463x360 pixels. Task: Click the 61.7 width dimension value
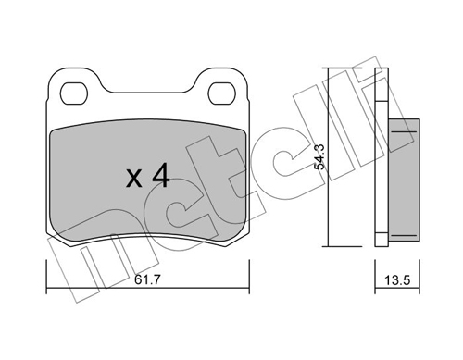pyautogui.click(x=147, y=280)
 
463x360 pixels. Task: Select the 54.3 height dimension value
pyautogui.click(x=319, y=156)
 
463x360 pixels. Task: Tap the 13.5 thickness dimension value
pyautogui.click(x=397, y=280)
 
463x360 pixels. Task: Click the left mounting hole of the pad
pyautogui.click(x=74, y=93)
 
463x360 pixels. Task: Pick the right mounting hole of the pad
pyautogui.click(x=222, y=93)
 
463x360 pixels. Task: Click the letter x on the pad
pyautogui.click(x=134, y=179)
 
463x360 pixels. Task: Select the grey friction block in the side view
pyautogui.click(x=404, y=180)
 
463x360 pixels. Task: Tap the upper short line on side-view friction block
pyautogui.click(x=404, y=131)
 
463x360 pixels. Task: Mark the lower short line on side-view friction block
pyautogui.click(x=404, y=235)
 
